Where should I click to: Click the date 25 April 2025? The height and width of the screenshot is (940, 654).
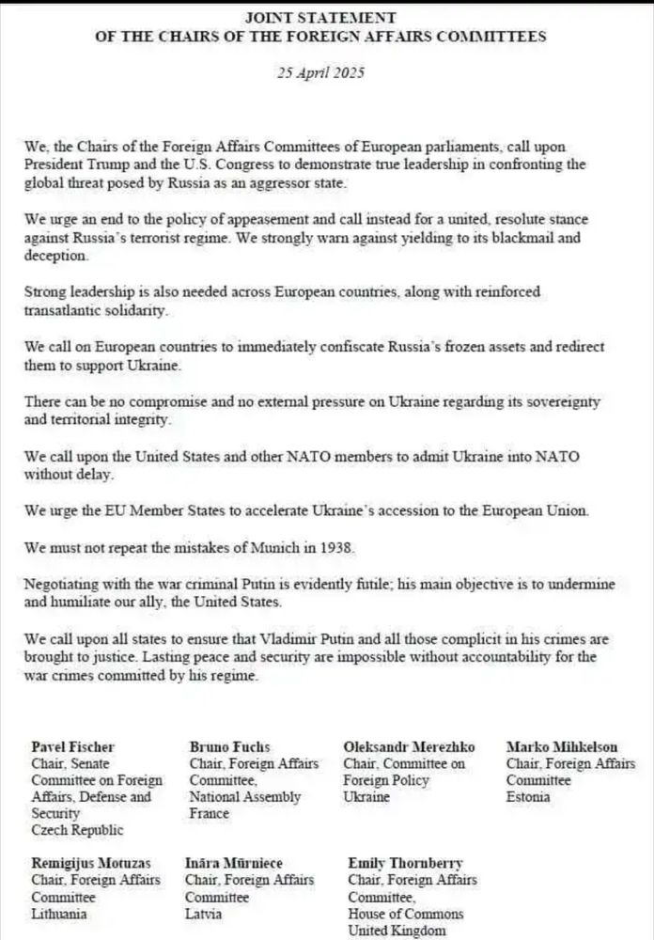pos(320,72)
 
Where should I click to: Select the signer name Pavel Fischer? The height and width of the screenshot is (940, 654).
pos(73,747)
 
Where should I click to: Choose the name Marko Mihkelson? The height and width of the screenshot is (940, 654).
pos(562,747)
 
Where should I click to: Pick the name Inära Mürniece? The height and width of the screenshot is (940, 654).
pos(236,862)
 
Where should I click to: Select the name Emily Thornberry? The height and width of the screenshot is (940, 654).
pos(405,862)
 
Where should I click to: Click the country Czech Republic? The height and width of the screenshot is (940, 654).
pos(77,830)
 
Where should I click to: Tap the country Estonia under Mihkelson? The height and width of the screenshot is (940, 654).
pos(528,797)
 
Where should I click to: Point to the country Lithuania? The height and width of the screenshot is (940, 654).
pos(59,913)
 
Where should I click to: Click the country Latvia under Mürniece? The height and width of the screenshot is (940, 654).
pos(206,913)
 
